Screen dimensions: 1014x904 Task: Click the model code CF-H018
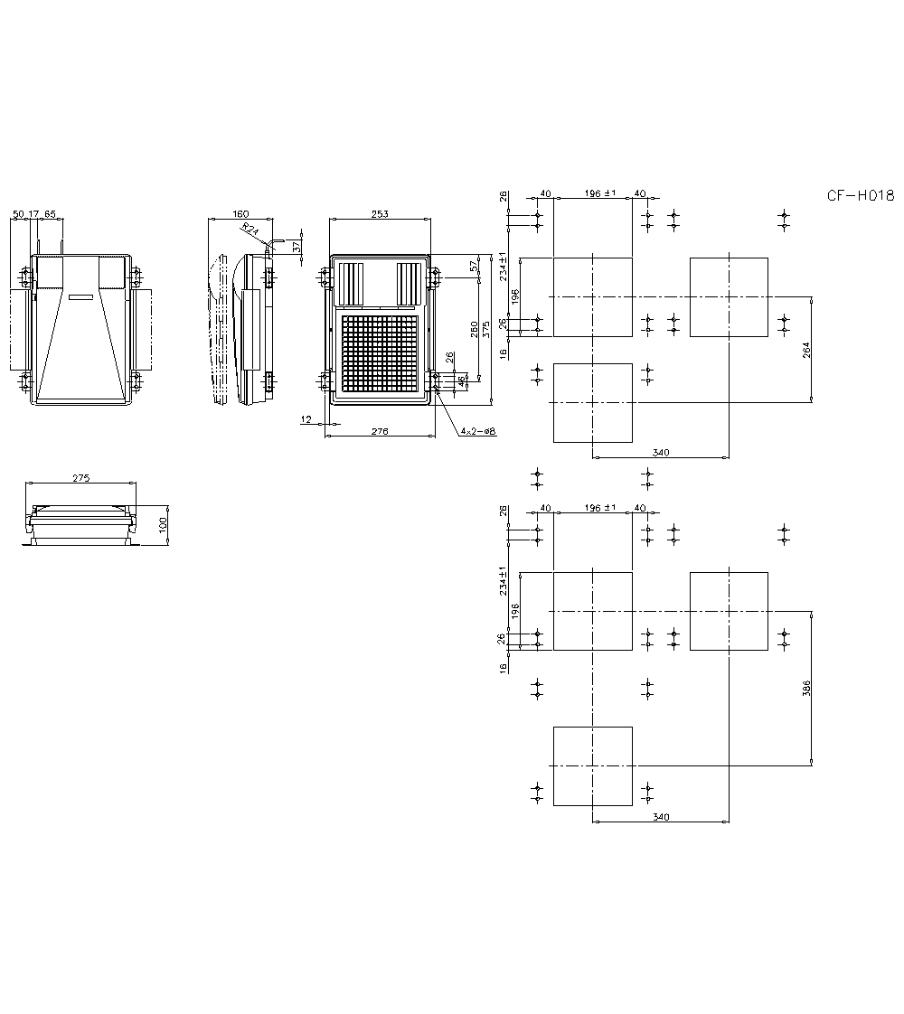pyautogui.click(x=860, y=195)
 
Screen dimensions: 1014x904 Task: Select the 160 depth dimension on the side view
pyautogui.click(x=240, y=214)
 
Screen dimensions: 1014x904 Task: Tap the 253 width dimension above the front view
pyautogui.click(x=380, y=214)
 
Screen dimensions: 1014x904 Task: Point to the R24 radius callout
pyautogui.click(x=250, y=231)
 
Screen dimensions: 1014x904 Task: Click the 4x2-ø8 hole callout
pyautogui.click(x=477, y=432)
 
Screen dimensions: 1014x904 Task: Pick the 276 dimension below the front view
pyautogui.click(x=380, y=432)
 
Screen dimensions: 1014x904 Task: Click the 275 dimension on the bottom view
pyautogui.click(x=80, y=479)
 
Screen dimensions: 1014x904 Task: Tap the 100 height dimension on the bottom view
pyautogui.click(x=164, y=525)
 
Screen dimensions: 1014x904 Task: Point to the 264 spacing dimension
pyautogui.click(x=806, y=349)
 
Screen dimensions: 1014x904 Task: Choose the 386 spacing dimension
pyautogui.click(x=806, y=688)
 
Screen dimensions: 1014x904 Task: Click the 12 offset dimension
pyautogui.click(x=306, y=419)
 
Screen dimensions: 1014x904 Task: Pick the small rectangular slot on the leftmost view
pyautogui.click(x=80, y=296)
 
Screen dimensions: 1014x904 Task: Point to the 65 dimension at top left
pyautogui.click(x=50, y=214)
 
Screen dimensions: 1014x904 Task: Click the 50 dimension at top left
pyautogui.click(x=18, y=214)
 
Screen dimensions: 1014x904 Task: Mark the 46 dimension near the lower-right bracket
pyautogui.click(x=462, y=381)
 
